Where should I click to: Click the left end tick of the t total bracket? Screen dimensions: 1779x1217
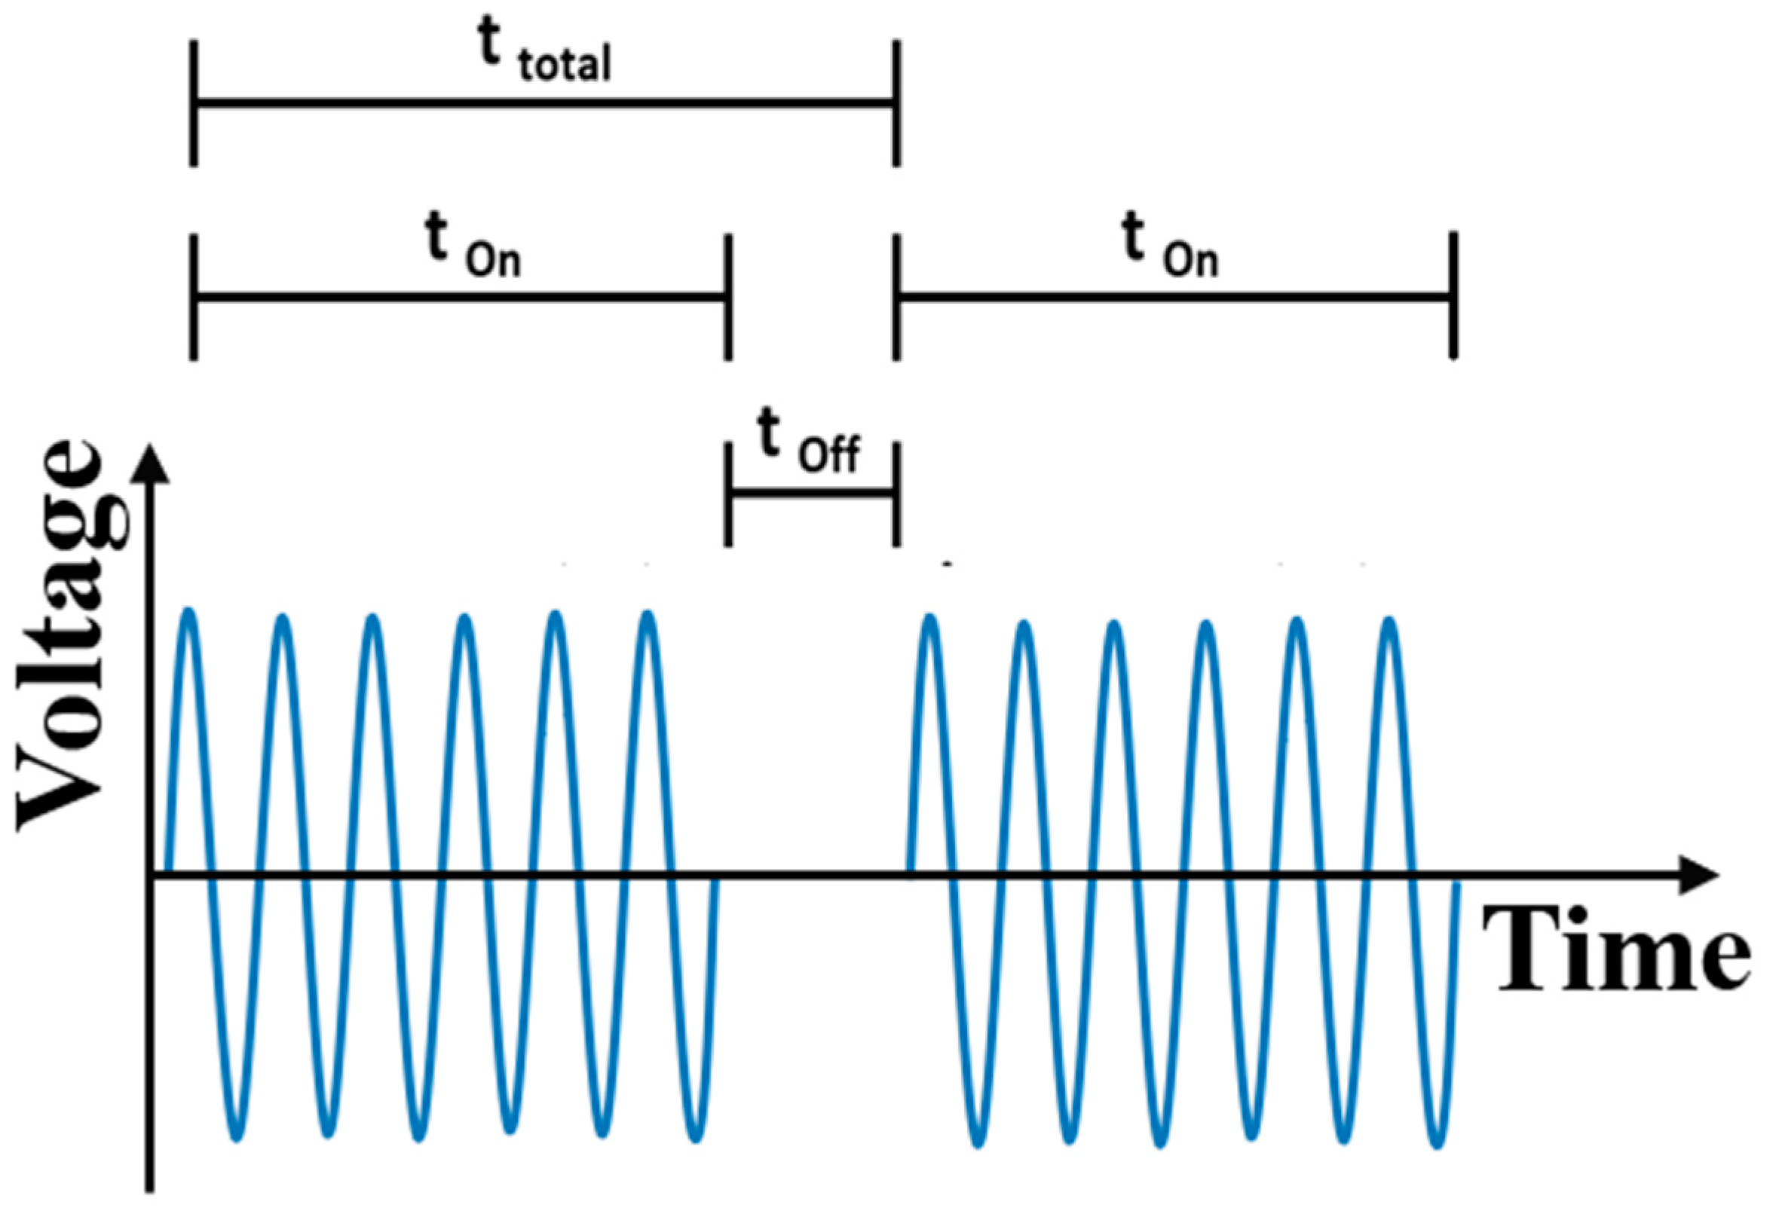[194, 102]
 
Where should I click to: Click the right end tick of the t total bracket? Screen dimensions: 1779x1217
[896, 102]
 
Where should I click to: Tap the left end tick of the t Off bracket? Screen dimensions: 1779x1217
[728, 494]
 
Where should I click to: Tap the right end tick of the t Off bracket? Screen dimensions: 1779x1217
[896, 494]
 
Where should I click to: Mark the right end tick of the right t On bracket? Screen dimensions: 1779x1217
[1453, 295]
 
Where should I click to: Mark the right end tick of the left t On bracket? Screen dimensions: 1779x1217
[728, 297]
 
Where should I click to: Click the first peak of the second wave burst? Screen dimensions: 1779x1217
[930, 616]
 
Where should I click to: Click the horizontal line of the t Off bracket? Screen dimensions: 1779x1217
[812, 492]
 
